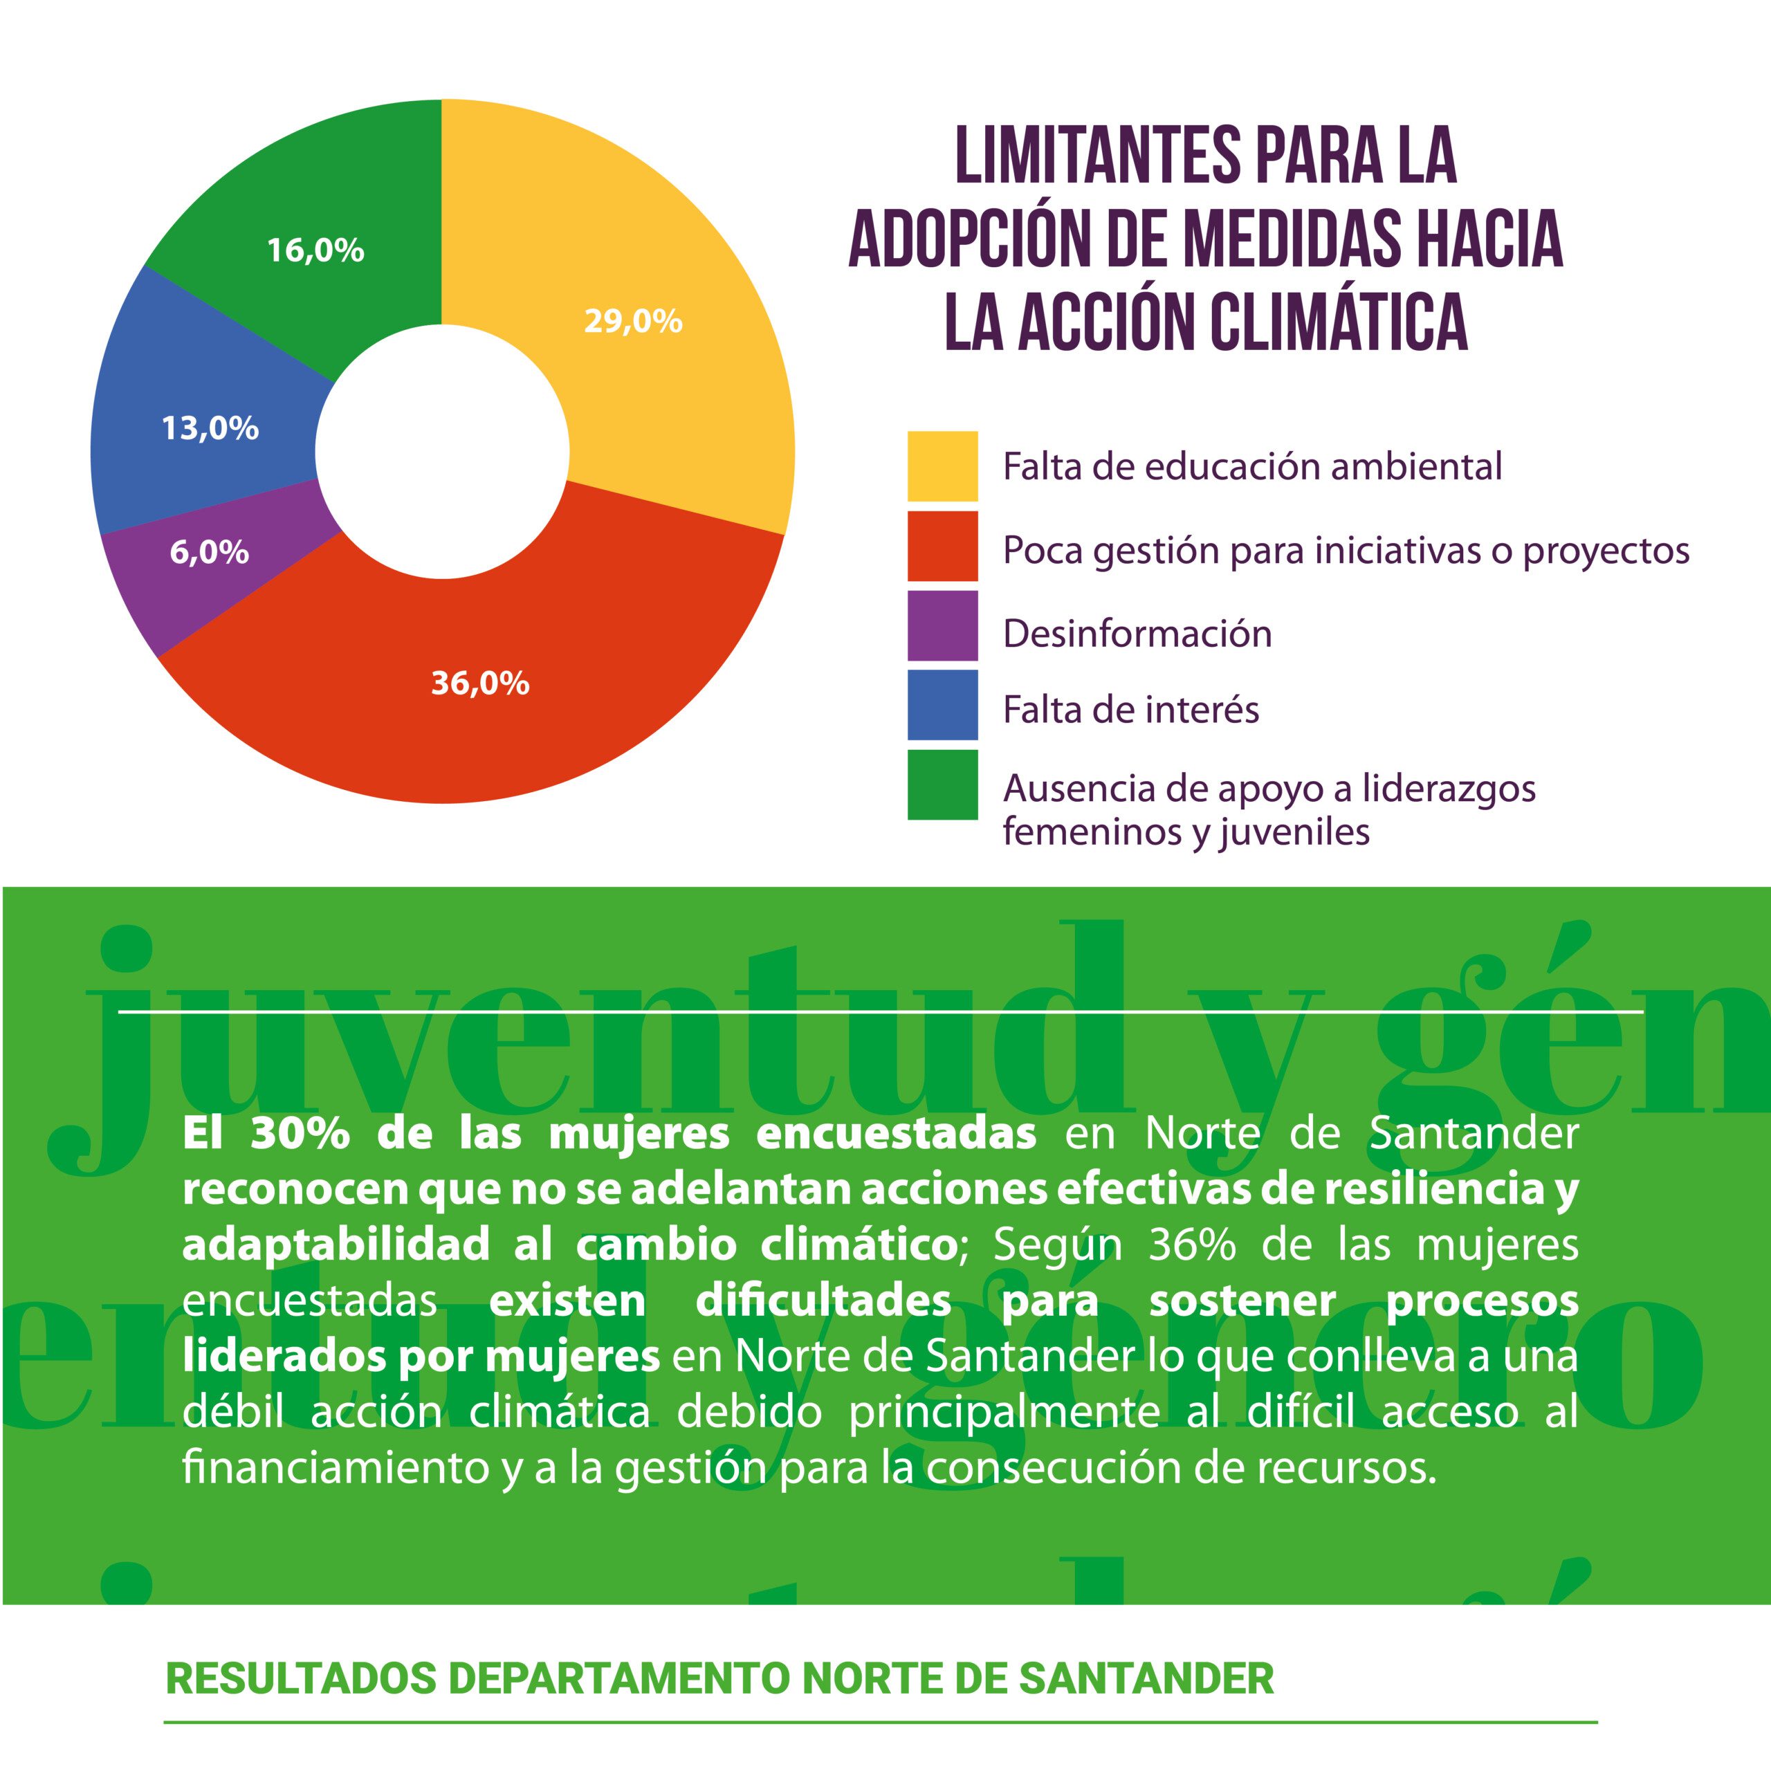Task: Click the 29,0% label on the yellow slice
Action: tap(632, 322)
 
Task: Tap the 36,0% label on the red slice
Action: tap(479, 683)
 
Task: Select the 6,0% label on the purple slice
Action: tap(209, 552)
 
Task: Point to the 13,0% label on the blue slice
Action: tap(210, 428)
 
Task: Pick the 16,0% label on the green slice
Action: tap(315, 250)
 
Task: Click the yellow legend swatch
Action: tap(942, 466)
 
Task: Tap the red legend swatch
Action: tap(942, 547)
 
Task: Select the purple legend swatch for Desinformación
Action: tap(942, 625)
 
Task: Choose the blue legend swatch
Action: tap(942, 705)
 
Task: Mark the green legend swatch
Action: tap(942, 784)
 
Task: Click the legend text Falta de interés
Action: tap(1130, 710)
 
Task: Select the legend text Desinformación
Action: tap(1137, 634)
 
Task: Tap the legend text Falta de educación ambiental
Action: tap(1252, 466)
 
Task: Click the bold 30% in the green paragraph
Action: tap(300, 1134)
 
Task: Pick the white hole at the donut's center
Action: tap(442, 451)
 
